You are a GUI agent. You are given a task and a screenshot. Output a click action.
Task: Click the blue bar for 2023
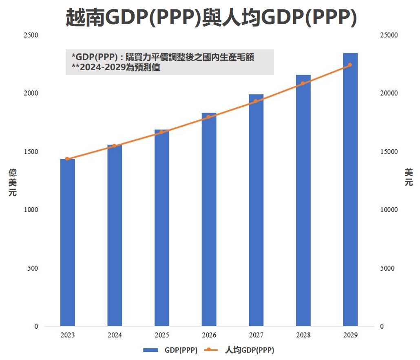click(x=67, y=242)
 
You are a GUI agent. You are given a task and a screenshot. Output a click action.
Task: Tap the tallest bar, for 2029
click(x=350, y=190)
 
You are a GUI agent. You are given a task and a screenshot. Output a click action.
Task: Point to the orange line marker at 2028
click(x=303, y=83)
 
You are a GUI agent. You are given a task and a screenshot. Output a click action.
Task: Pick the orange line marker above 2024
click(x=114, y=146)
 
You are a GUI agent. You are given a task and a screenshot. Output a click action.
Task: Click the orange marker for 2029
click(x=350, y=65)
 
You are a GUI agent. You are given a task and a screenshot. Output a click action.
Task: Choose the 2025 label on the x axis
click(x=162, y=336)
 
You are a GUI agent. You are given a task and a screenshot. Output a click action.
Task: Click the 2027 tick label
click(x=256, y=336)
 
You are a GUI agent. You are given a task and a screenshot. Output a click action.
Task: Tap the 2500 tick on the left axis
click(x=31, y=35)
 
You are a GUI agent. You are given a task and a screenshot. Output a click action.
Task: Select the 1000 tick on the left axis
click(x=31, y=210)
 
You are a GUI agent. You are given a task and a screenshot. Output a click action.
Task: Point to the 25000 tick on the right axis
click(x=389, y=35)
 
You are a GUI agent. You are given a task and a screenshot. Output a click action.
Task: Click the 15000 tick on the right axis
click(x=389, y=152)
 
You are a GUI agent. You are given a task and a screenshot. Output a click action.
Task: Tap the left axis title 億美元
click(x=13, y=182)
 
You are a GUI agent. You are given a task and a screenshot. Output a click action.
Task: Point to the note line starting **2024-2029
click(x=116, y=68)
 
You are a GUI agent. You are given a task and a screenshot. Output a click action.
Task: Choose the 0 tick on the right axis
click(x=382, y=327)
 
